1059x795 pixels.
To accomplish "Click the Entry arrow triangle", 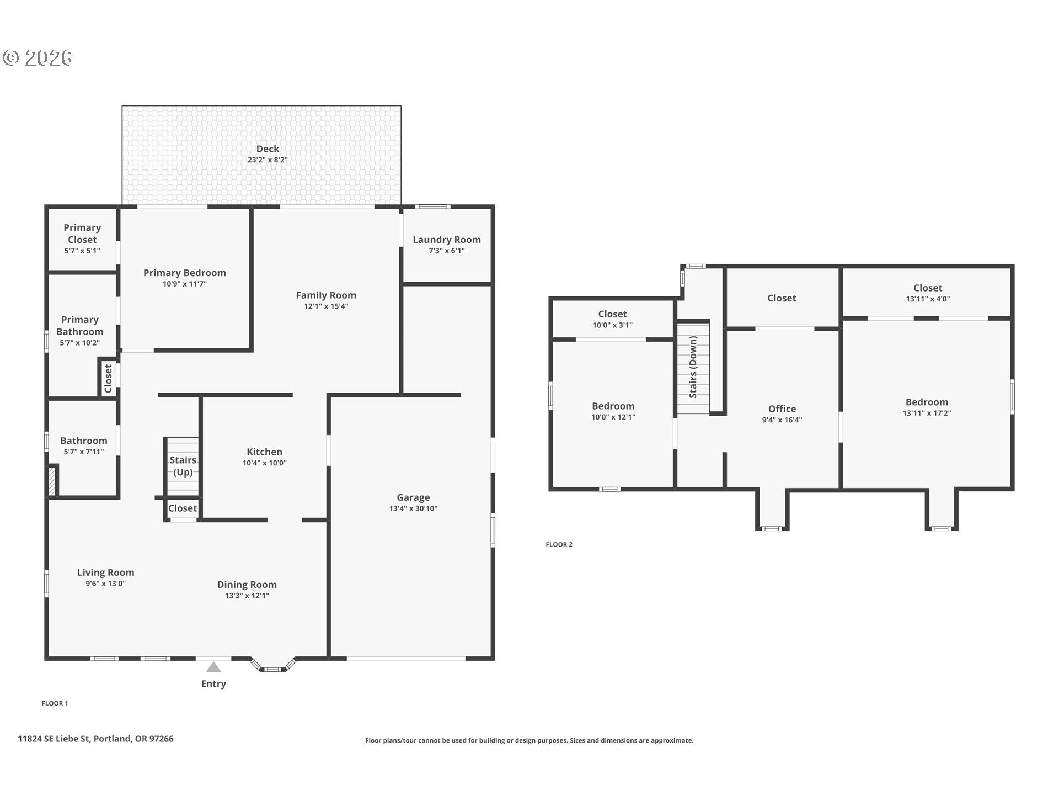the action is (213, 667).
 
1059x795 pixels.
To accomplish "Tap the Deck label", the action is (268, 149).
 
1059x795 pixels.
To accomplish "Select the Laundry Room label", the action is (447, 240).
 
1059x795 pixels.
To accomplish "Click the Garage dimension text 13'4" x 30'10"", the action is (413, 508).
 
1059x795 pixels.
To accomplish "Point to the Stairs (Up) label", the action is (183, 466).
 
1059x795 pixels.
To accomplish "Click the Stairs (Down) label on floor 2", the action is (693, 367).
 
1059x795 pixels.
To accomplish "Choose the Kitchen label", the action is (265, 452).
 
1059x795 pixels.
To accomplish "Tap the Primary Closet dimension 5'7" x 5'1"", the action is (82, 251).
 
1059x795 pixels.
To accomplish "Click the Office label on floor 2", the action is (782, 409).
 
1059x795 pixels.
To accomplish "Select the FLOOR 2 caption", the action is (559, 544).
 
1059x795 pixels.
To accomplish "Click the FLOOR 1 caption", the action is (55, 703).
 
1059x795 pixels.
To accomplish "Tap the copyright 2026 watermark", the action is (38, 57).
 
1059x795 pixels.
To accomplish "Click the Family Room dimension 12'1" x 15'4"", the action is (326, 306).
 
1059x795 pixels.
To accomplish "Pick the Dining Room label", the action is (247, 585).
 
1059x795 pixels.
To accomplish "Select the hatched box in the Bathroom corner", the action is (52, 481).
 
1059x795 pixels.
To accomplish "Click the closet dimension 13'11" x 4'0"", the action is (928, 299).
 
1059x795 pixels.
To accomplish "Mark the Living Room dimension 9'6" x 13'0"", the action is (105, 584).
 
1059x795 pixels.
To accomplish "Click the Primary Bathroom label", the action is (80, 326).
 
